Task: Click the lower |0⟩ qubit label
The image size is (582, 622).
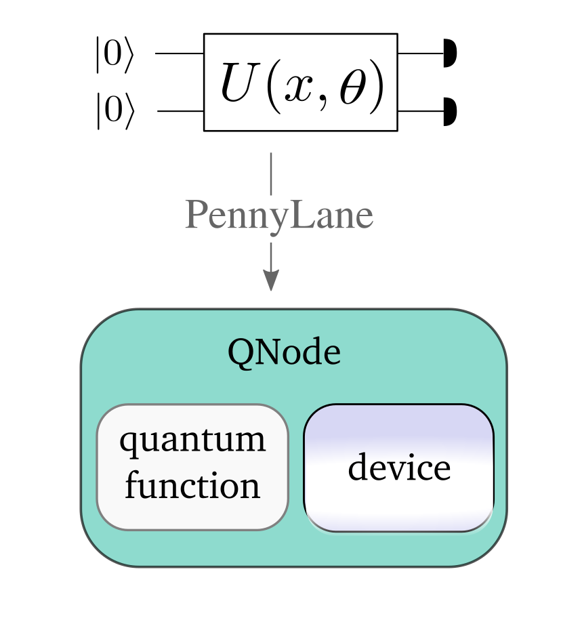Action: pyautogui.click(x=115, y=111)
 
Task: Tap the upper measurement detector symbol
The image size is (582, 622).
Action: pyautogui.click(x=449, y=54)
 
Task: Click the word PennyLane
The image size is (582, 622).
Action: pyautogui.click(x=278, y=216)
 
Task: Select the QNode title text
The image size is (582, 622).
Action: pyautogui.click(x=284, y=352)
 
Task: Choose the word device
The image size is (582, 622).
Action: pyautogui.click(x=399, y=468)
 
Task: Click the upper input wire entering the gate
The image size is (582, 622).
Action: pyautogui.click(x=180, y=54)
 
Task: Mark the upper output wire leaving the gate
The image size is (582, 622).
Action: pyautogui.click(x=420, y=54)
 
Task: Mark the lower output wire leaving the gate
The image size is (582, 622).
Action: pyautogui.click(x=420, y=111)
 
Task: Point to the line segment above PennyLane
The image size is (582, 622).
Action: pyautogui.click(x=271, y=174)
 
